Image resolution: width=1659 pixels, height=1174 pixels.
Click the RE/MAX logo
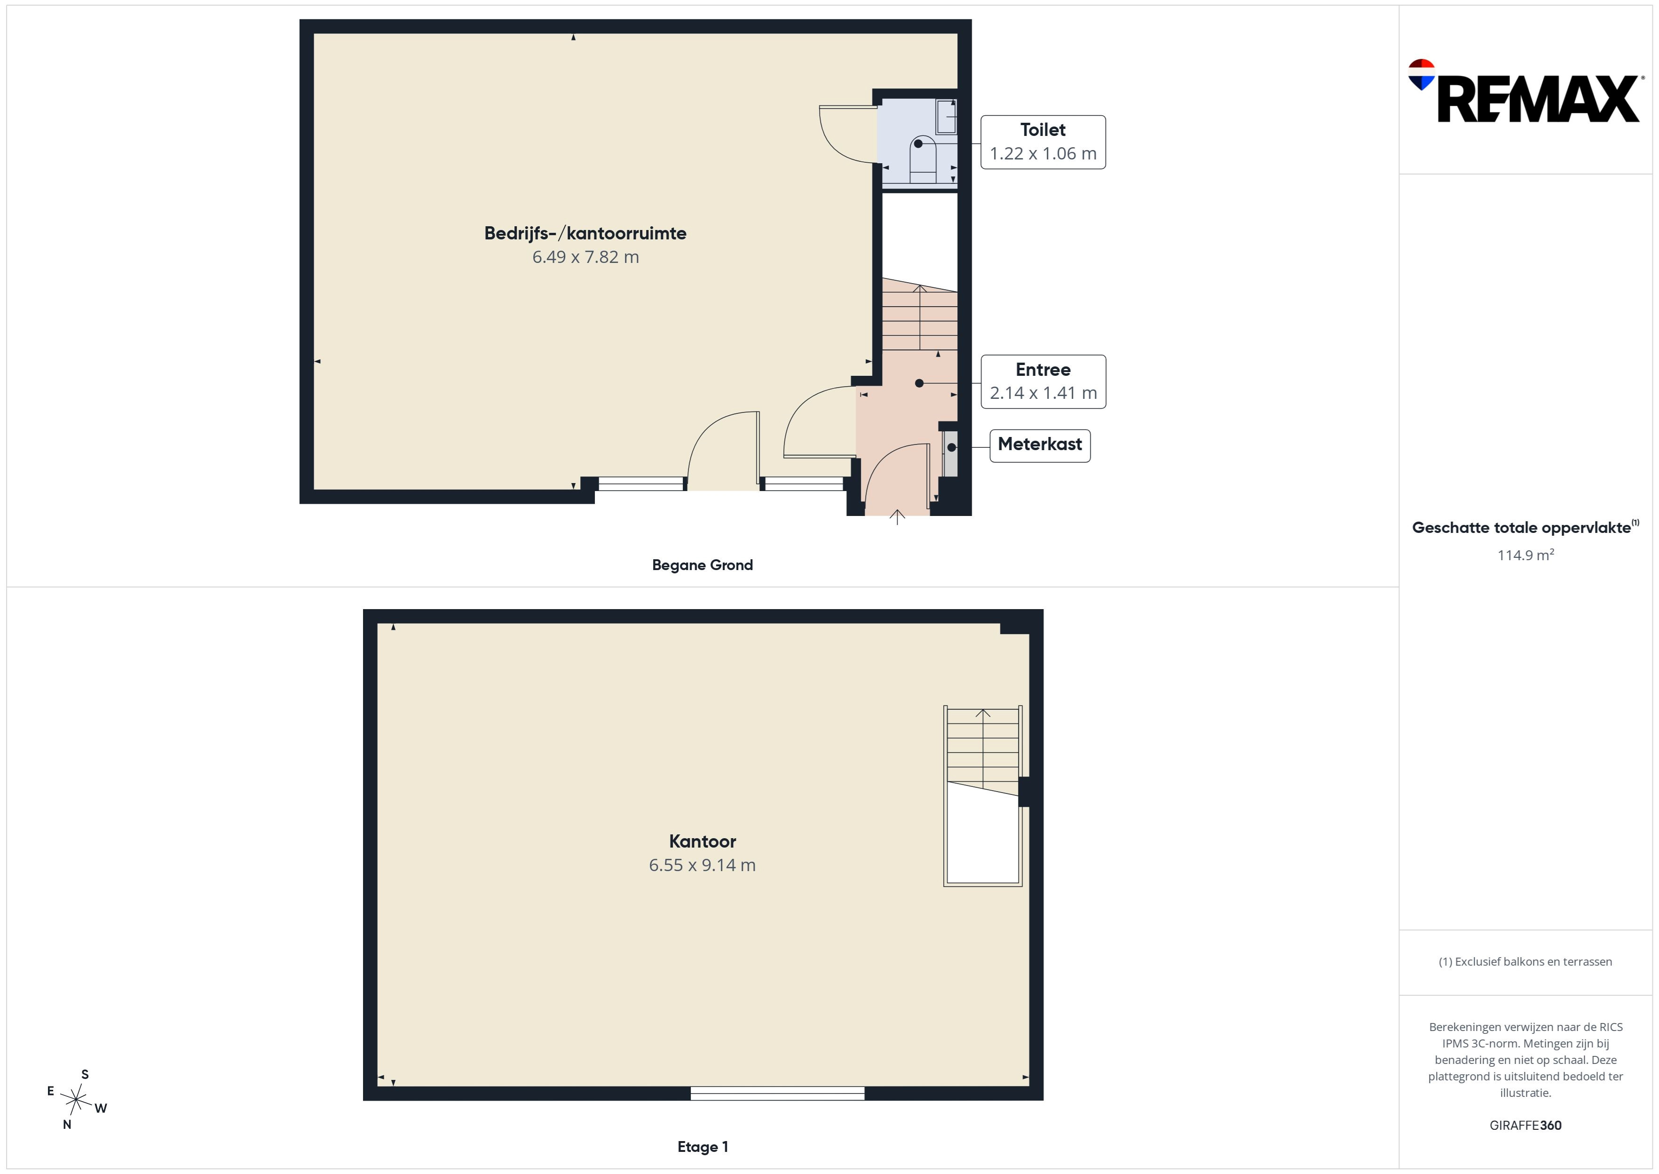1525,92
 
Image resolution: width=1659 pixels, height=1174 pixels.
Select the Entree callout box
1043,382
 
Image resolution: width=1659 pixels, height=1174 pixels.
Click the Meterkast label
1040,444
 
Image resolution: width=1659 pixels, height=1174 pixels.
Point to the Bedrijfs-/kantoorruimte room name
585,233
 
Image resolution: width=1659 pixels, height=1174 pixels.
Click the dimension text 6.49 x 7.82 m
585,257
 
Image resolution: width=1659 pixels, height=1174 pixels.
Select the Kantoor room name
703,841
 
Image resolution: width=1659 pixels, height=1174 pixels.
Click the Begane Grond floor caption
703,565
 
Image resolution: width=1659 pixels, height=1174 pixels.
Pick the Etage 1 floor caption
703,1147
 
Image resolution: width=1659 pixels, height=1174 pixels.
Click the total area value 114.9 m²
1525,555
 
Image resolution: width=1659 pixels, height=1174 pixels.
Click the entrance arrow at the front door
897,517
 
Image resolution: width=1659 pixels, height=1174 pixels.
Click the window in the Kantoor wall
777,1093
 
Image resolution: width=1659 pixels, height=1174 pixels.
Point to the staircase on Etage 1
983,795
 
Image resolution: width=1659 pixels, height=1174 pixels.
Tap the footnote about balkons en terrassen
1525,961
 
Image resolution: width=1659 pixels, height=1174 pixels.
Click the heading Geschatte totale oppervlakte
1525,528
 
